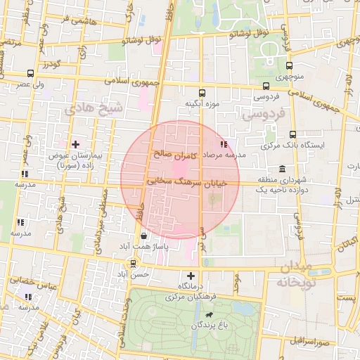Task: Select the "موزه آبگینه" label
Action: coord(202,104)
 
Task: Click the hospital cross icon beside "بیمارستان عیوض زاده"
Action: coord(75,143)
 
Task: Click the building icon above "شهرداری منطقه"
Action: coord(282,169)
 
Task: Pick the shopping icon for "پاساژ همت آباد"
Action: coord(144,236)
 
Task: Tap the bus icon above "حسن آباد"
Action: coord(134,264)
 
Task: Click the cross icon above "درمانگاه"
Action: coord(191,275)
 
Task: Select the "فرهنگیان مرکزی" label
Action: coord(191,297)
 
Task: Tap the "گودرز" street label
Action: coord(51,65)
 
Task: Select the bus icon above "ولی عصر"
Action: coord(30,73)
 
